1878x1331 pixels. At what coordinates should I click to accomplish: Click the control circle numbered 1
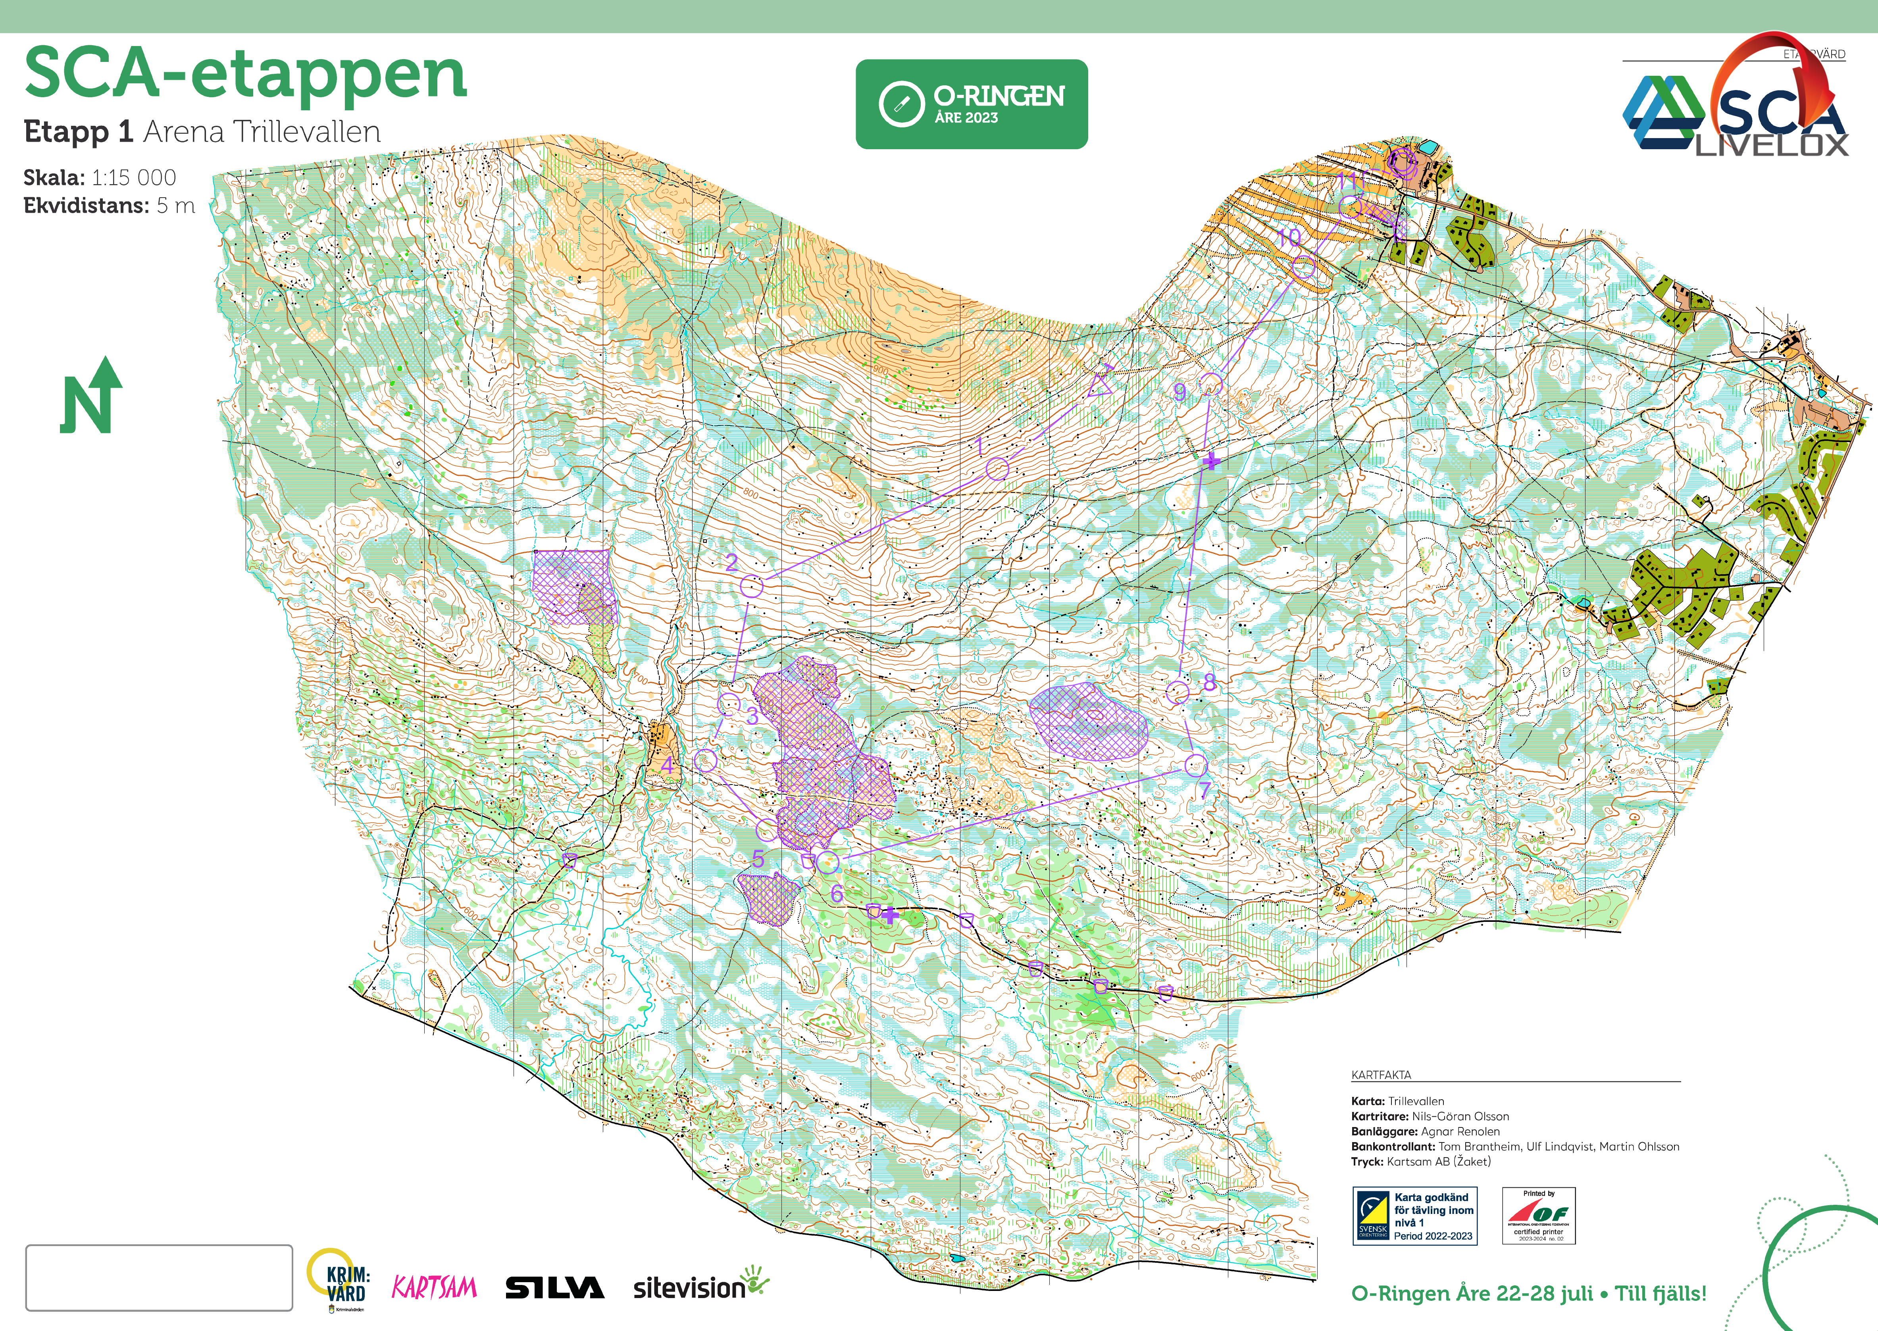pyautogui.click(x=997, y=469)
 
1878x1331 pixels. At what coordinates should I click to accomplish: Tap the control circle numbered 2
pyautogui.click(x=752, y=586)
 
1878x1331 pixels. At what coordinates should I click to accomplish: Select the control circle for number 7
pyautogui.click(x=1196, y=766)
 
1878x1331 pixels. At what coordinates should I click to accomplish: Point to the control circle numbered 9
pyautogui.click(x=1212, y=384)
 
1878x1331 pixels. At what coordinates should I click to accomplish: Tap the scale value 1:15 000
pyautogui.click(x=134, y=178)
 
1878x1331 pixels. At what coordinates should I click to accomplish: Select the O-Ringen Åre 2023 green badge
pyautogui.click(x=972, y=104)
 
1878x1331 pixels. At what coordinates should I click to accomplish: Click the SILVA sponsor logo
pyautogui.click(x=554, y=1288)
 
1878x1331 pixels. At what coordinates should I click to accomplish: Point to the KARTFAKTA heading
pyautogui.click(x=1381, y=1075)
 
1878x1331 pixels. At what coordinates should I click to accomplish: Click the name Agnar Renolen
pyautogui.click(x=1460, y=1131)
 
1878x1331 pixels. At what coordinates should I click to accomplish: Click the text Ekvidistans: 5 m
pyautogui.click(x=109, y=206)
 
